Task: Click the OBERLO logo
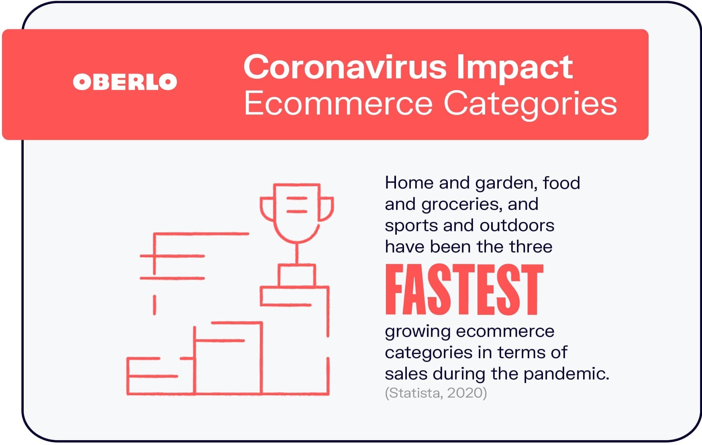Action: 125,82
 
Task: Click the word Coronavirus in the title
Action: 345,67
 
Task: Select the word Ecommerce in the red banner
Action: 338,103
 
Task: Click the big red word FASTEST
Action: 464,289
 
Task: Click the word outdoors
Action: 517,226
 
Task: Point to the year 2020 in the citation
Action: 467,393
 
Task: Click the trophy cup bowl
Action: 297,213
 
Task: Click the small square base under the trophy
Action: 297,275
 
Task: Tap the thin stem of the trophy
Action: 297,254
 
